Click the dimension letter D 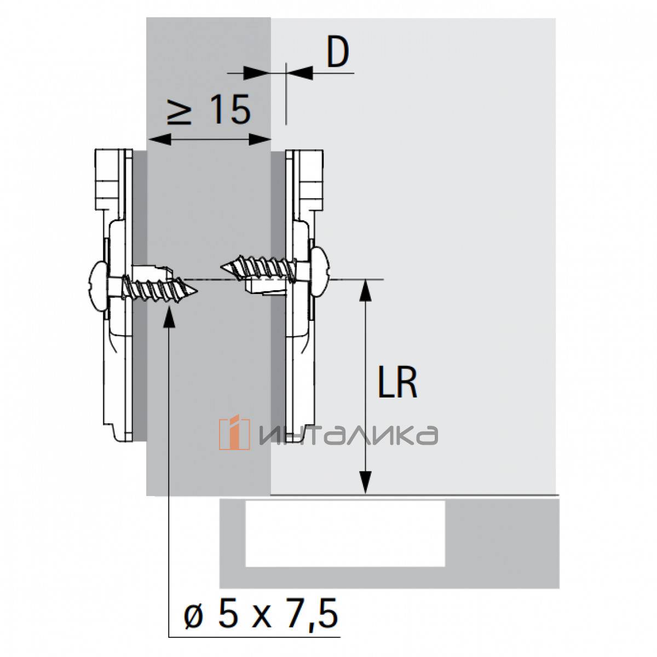point(337,53)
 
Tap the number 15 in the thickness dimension point(230,109)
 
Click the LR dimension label point(397,383)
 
